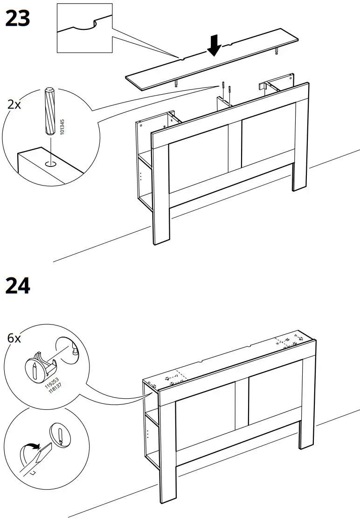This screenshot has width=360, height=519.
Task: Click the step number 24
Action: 17,285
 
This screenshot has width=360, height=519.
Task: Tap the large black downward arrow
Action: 215,45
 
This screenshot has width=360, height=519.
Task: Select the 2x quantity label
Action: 14,104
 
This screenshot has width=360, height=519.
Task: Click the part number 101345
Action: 62,127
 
